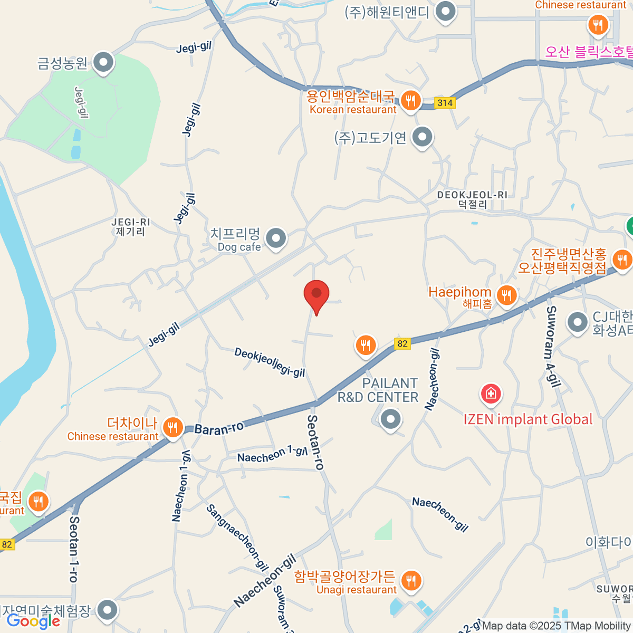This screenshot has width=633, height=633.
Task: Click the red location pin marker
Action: coord(316,294)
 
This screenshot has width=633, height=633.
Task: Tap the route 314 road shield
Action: coord(445,103)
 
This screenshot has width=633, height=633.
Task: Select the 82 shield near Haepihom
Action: coord(402,344)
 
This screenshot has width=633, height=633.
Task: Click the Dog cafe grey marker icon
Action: coord(275,238)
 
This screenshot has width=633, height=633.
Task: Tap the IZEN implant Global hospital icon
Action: coord(491,394)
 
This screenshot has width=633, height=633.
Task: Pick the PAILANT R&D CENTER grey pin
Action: coord(390,420)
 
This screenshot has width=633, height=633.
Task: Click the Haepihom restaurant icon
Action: coord(506,295)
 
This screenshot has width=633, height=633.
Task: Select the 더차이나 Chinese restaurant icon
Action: coord(172,427)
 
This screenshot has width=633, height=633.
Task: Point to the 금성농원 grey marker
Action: coord(103,63)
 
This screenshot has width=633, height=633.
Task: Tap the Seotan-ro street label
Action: coord(315,442)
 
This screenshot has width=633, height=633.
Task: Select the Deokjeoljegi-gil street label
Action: coord(270,362)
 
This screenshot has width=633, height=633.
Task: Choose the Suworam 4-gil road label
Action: coord(552,347)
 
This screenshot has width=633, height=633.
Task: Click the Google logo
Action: coord(33,621)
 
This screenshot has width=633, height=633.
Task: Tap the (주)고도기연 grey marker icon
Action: coord(422,138)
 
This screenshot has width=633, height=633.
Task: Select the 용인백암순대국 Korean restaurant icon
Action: coord(410,100)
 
